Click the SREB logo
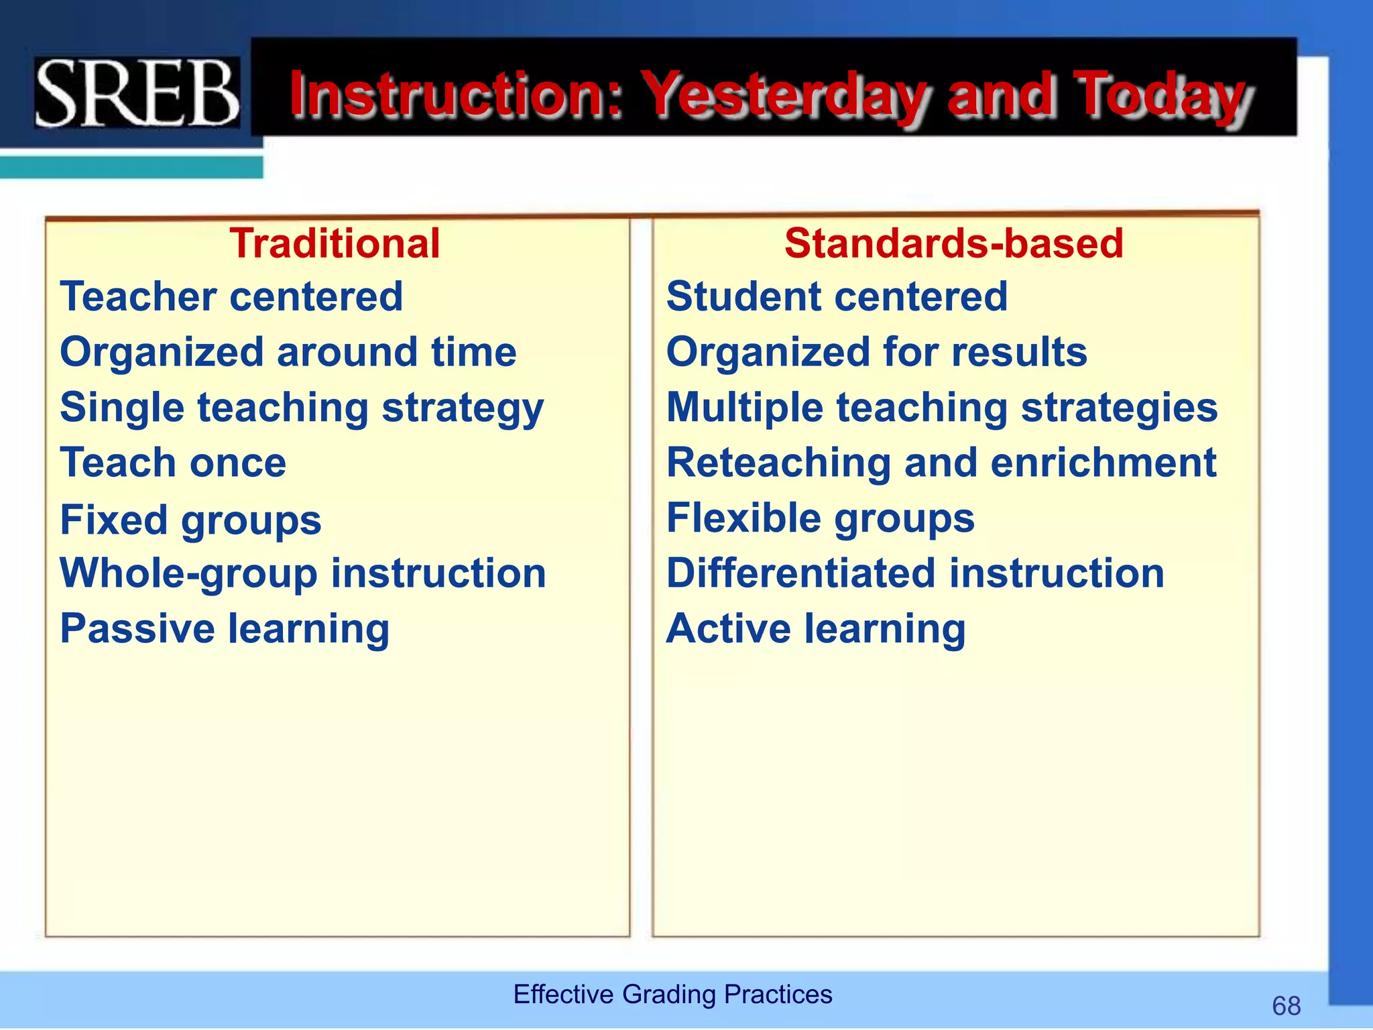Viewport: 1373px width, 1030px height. tap(137, 93)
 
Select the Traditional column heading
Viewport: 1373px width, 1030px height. tap(335, 243)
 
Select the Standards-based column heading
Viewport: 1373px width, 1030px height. tap(953, 243)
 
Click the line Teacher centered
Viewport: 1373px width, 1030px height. tap(231, 296)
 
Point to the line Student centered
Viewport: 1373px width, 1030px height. tap(837, 296)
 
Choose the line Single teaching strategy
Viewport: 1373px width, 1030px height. tap(302, 408)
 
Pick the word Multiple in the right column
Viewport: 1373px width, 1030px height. tap(744, 408)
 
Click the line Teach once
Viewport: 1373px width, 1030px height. tap(173, 463)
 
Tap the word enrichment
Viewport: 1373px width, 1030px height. tap(1103, 463)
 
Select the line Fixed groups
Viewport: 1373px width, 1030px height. tap(190, 520)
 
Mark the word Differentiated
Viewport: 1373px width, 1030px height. tap(801, 573)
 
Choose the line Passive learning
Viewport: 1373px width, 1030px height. tap(225, 629)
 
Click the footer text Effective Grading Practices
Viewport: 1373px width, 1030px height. tap(672, 994)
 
